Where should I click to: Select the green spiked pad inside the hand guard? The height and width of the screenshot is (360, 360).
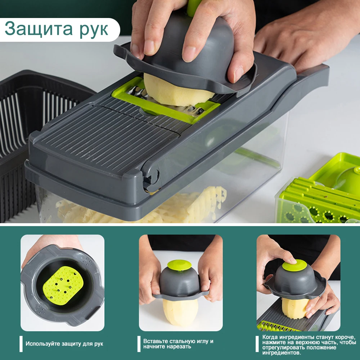click(63, 285)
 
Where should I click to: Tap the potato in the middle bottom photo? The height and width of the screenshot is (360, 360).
click(180, 311)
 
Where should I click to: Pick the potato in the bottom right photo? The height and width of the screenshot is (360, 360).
click(296, 308)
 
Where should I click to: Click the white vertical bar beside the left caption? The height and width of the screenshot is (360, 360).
click(21, 344)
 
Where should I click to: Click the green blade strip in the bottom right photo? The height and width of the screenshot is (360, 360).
click(279, 326)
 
